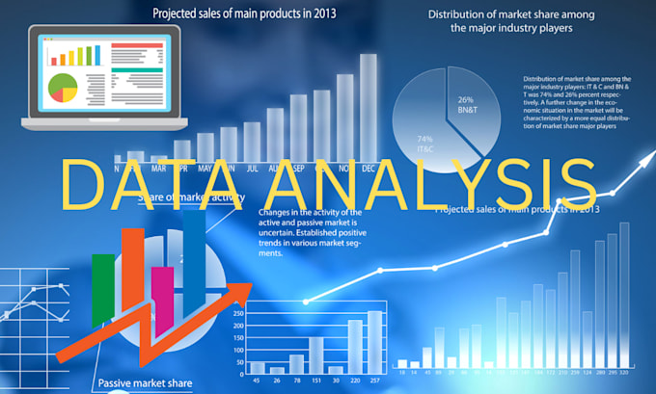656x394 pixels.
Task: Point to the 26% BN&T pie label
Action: (465, 104)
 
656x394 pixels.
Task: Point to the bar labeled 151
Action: (315, 354)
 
